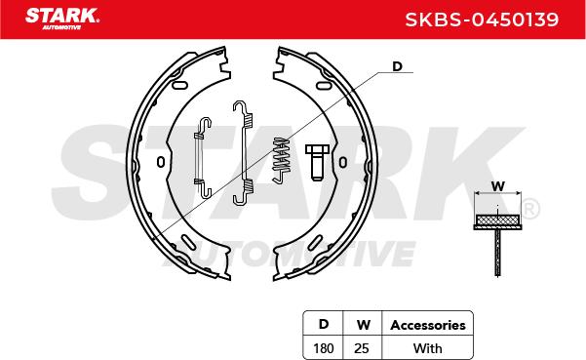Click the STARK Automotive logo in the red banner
point(62,19)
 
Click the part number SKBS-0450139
point(482,20)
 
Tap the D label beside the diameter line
point(397,66)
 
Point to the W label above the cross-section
point(498,185)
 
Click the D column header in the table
point(324,324)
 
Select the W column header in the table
point(363,325)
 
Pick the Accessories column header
point(428,325)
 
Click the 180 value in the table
point(324,348)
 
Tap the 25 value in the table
point(362,348)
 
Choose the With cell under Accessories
point(427,348)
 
